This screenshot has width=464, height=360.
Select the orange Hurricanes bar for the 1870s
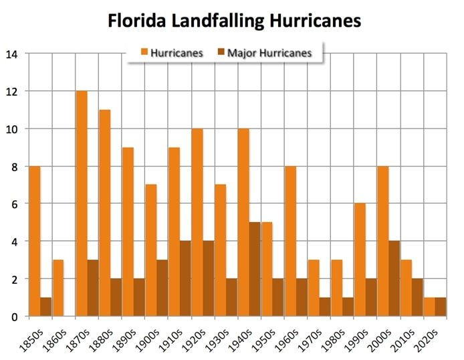pyautogui.click(x=82, y=203)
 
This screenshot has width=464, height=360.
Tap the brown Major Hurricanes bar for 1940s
pyautogui.click(x=255, y=269)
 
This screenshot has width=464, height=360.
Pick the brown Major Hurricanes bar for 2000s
pyautogui.click(x=394, y=278)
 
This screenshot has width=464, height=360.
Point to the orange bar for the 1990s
pyautogui.click(x=360, y=260)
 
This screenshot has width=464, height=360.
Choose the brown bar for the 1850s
pyautogui.click(x=46, y=306)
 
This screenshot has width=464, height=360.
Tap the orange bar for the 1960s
pyautogui.click(x=290, y=241)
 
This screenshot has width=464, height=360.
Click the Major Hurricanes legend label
pyautogui.click(x=269, y=53)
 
